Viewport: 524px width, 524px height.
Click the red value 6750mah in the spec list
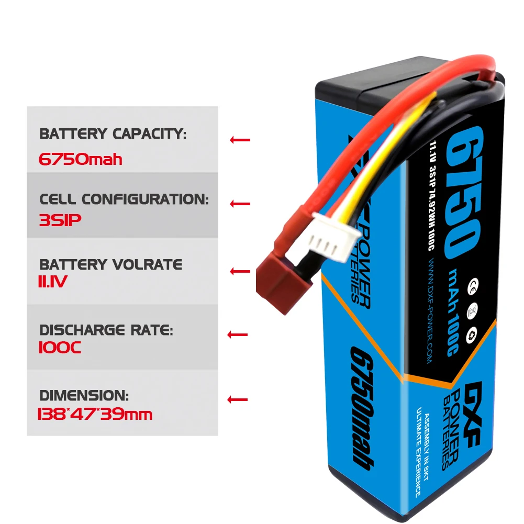tap(81, 159)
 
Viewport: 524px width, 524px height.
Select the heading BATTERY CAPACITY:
tap(113, 134)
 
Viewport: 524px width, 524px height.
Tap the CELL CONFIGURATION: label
tap(124, 199)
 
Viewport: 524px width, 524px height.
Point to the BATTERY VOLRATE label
tap(111, 264)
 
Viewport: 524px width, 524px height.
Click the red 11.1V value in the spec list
tap(53, 283)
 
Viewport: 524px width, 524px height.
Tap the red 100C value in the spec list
tap(60, 348)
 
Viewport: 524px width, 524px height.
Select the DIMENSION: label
tap(84, 395)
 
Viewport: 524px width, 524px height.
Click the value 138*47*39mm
tap(95, 415)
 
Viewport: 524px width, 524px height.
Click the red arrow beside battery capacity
tap(240, 140)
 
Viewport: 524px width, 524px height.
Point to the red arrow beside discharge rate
tap(238, 335)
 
